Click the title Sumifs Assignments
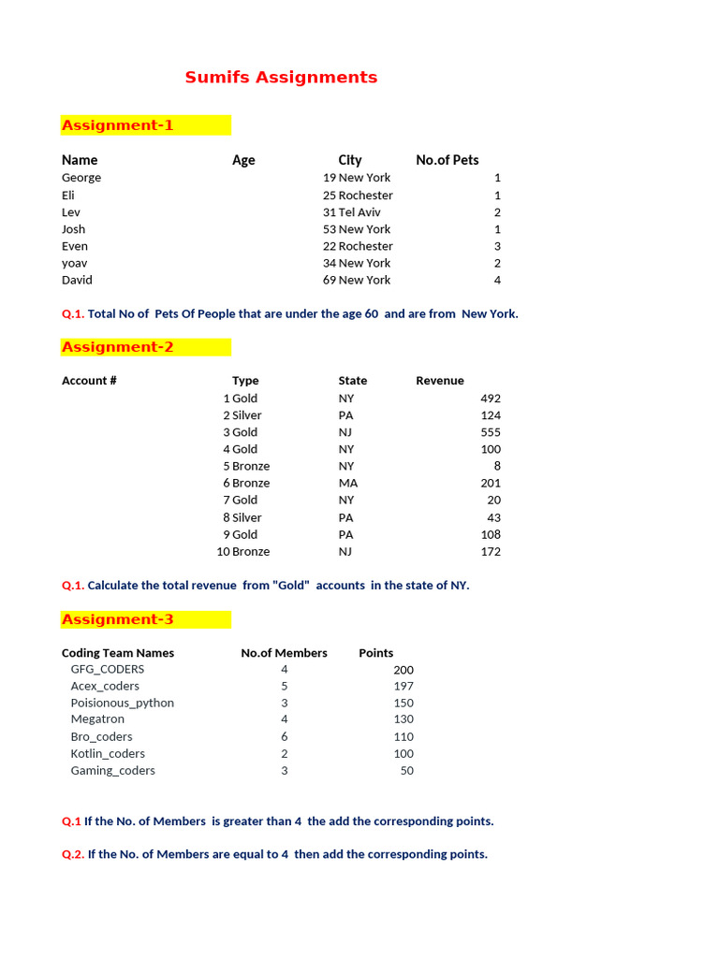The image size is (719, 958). pos(281,78)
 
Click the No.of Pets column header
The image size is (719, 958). pos(448,160)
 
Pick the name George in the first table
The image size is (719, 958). pos(81,178)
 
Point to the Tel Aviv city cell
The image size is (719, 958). pos(359,212)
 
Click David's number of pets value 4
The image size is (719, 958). pos(497,280)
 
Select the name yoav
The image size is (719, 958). pos(75,263)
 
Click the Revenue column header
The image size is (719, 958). pos(440,381)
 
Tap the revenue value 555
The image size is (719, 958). pos(490,432)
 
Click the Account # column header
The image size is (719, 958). pos(90,381)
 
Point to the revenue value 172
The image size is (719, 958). pos(490,551)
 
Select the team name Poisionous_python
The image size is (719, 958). pos(123,703)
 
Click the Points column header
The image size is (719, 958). pos(376,653)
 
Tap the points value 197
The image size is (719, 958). pos(403,686)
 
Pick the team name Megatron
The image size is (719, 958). pos(97,719)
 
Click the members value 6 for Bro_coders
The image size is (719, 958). pos(285,736)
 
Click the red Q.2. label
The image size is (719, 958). pos(73,854)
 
